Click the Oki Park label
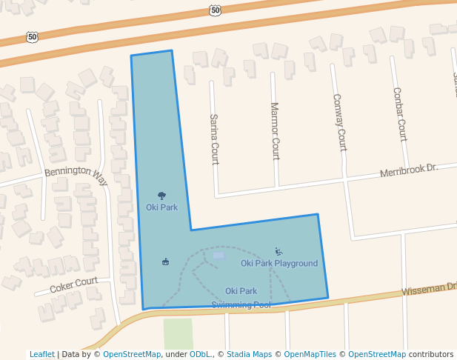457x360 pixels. tap(161, 207)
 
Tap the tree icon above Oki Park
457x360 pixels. tap(162, 196)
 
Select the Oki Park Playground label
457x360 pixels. tap(278, 263)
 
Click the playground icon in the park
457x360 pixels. tap(278, 251)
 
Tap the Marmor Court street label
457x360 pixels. tap(275, 131)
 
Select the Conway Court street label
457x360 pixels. tap(338, 122)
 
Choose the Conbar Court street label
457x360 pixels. tap(399, 114)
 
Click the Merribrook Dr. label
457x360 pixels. tap(409, 170)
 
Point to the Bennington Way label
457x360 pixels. tap(76, 172)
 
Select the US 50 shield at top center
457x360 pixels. tap(215, 10)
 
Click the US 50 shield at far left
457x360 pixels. tap(32, 36)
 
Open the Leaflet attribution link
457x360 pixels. tap(41, 354)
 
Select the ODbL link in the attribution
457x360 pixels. tap(200, 354)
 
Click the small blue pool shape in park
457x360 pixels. tap(219, 256)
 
